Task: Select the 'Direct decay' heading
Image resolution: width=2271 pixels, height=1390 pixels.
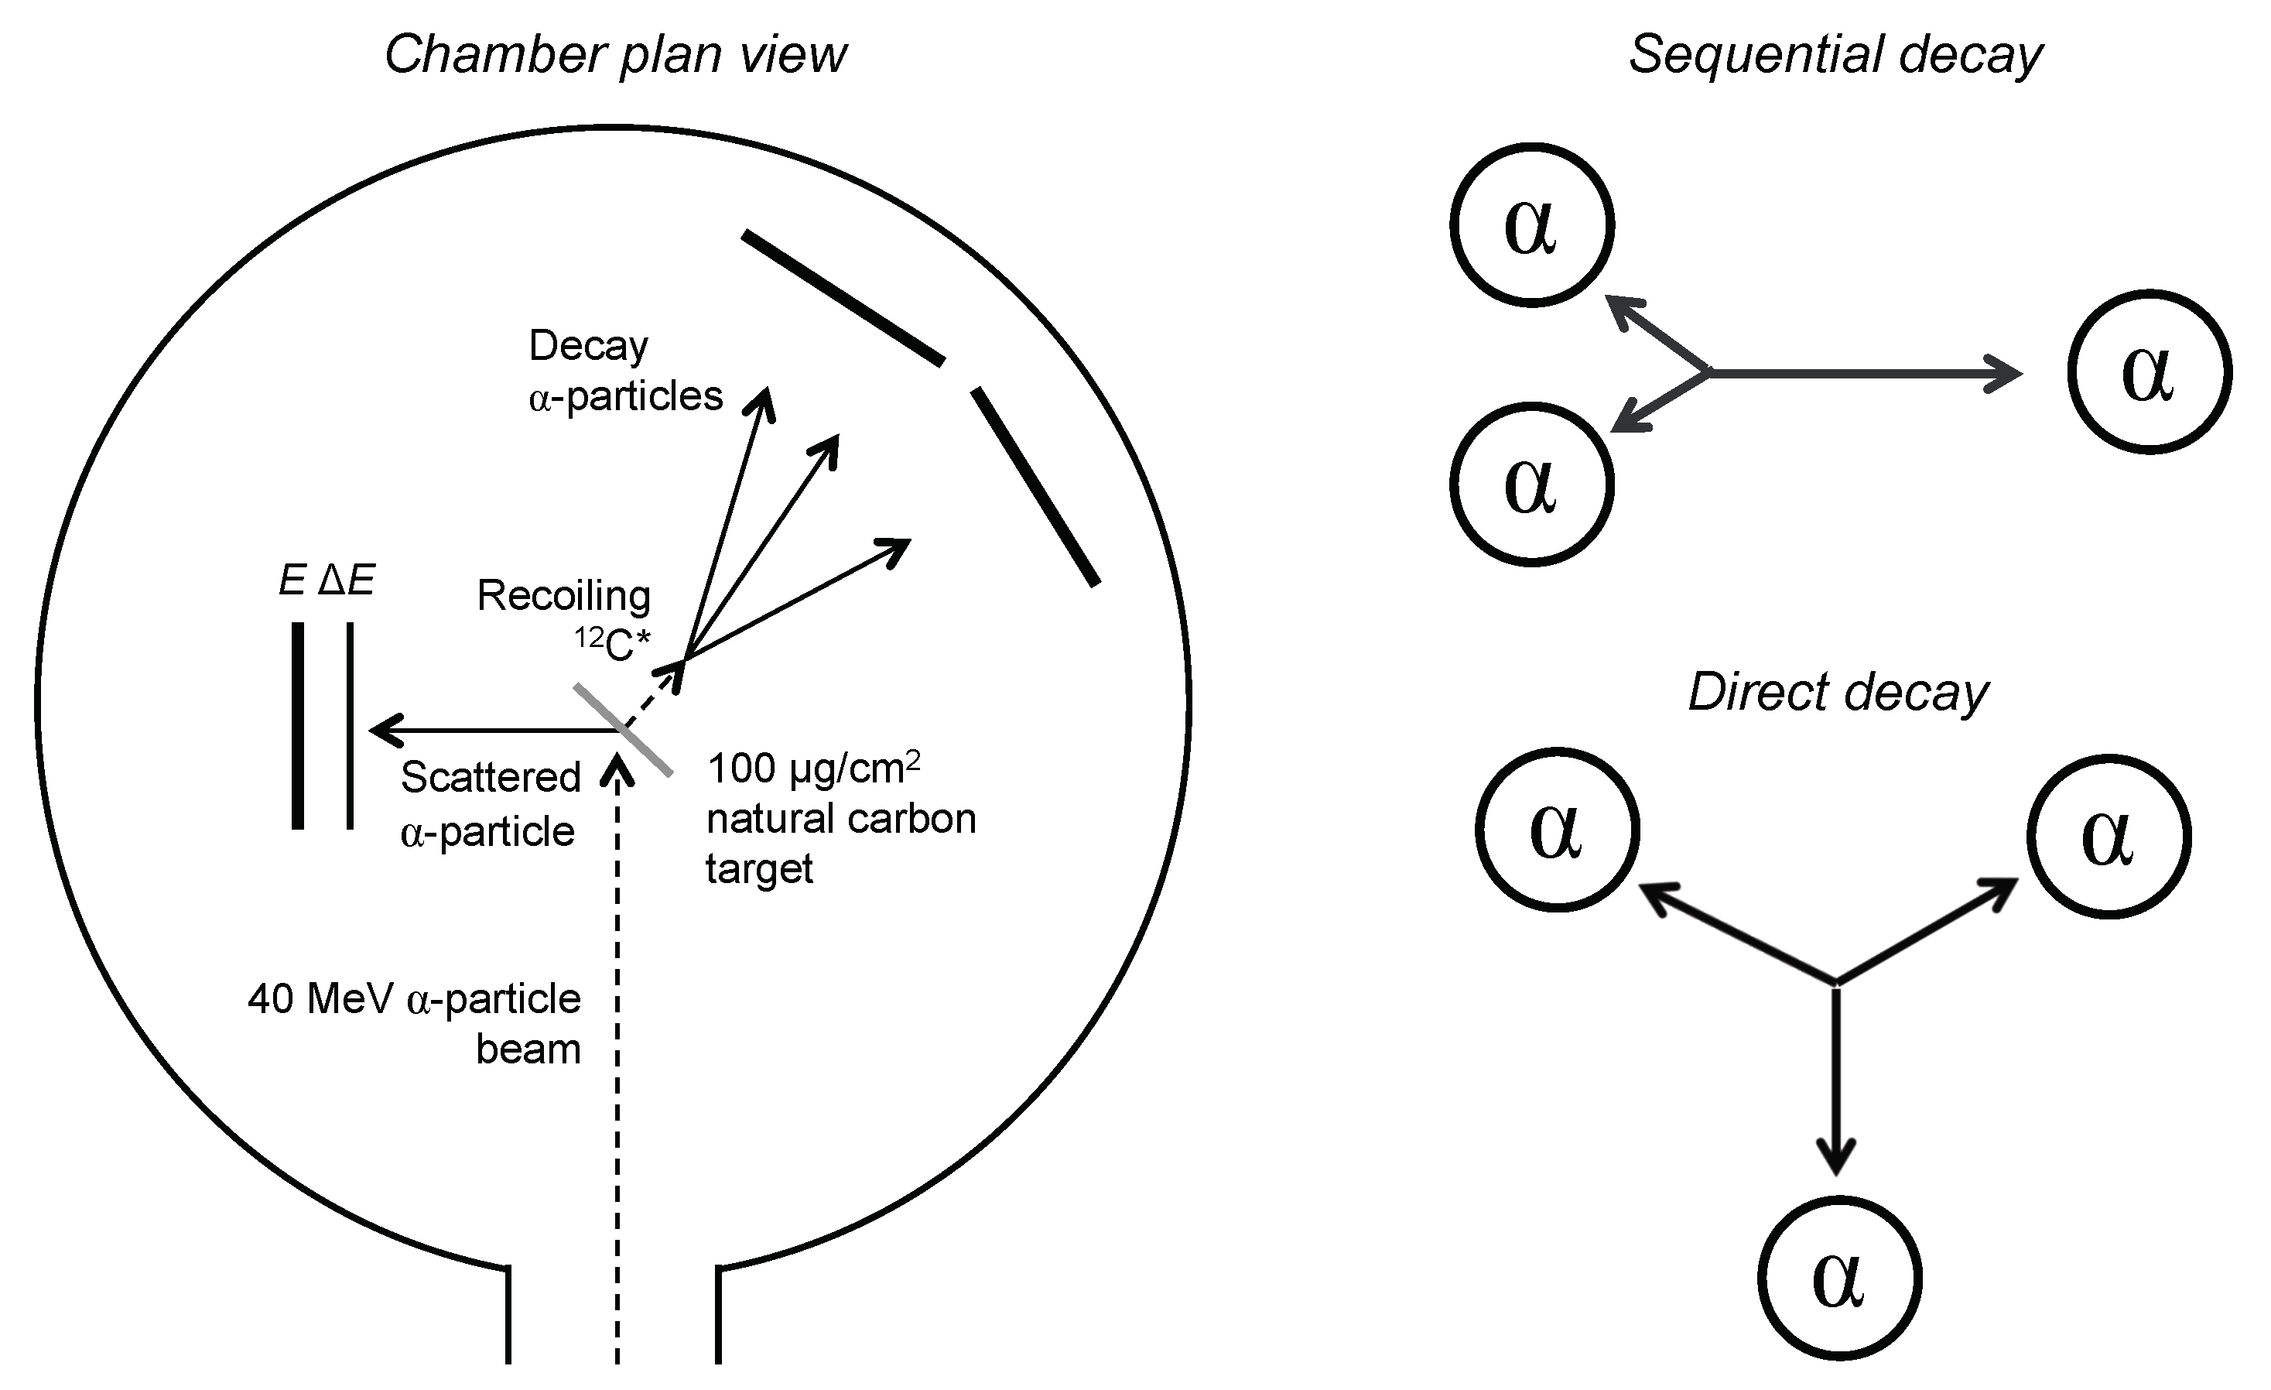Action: pos(1838,691)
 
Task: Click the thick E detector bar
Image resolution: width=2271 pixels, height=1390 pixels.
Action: pos(298,725)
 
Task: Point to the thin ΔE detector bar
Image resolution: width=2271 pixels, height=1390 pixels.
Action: pos(351,725)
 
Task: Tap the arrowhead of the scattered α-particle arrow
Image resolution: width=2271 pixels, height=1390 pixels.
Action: pos(380,730)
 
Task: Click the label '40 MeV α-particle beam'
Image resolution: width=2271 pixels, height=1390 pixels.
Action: pos(415,1023)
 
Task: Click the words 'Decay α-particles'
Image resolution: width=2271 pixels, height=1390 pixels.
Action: pos(625,371)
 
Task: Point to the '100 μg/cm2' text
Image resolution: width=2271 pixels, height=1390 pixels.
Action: pos(813,767)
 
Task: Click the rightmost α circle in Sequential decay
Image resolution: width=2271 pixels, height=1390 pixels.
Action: pos(2149,372)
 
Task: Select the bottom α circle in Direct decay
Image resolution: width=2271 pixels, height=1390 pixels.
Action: pos(1840,1279)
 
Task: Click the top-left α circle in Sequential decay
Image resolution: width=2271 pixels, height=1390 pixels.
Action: pos(1531,224)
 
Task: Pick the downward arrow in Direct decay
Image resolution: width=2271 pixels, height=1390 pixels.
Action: pos(1836,1078)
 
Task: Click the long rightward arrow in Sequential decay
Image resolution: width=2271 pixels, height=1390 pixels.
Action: pos(1862,373)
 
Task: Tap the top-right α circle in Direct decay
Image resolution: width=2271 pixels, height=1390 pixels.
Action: pos(2108,835)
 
